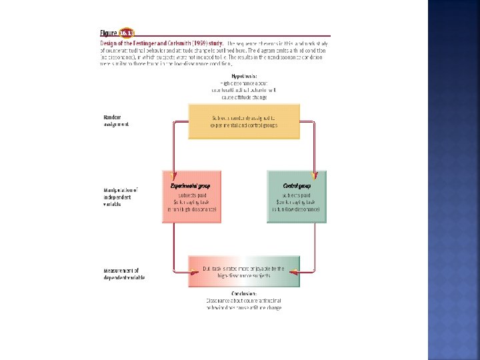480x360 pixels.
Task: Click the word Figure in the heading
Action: (x=109, y=33)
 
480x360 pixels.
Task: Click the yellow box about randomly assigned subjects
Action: (x=243, y=121)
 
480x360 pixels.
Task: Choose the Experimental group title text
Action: (x=186, y=185)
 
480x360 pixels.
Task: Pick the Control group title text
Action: (x=297, y=185)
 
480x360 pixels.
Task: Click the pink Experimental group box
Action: (x=191, y=197)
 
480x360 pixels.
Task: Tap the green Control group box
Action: (x=297, y=197)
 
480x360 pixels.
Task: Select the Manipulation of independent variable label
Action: (x=121, y=197)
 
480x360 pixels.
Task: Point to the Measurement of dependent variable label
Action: (x=124, y=273)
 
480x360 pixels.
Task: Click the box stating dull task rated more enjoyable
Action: (x=243, y=271)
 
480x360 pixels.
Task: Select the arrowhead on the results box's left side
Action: (x=186, y=271)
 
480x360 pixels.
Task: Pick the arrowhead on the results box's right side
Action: (x=302, y=271)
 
